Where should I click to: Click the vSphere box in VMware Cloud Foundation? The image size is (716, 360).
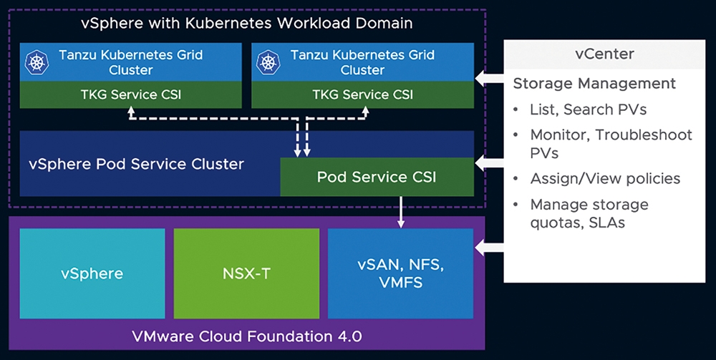tap(92, 273)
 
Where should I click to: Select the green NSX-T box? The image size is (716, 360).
tap(246, 273)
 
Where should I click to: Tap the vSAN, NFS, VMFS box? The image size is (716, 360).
tap(400, 273)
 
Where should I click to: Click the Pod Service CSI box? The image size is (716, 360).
tap(377, 177)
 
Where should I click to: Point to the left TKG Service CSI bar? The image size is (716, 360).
tap(130, 94)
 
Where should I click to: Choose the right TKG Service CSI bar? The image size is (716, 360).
tap(362, 94)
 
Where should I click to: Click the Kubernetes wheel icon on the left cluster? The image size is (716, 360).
tap(37, 62)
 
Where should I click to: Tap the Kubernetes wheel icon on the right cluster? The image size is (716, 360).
tap(268, 62)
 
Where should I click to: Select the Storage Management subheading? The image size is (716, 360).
tap(594, 84)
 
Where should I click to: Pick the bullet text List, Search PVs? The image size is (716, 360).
tap(588, 110)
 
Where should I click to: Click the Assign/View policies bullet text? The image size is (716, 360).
tap(605, 178)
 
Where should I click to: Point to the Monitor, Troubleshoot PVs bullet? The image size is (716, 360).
tap(611, 144)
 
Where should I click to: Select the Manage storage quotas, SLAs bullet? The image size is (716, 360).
tap(589, 213)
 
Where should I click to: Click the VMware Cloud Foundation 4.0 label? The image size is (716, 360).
tap(246, 336)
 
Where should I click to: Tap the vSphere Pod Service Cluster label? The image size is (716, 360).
tap(137, 165)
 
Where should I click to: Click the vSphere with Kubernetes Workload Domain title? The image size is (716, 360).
tap(246, 24)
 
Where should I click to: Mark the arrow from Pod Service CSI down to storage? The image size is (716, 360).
tap(401, 212)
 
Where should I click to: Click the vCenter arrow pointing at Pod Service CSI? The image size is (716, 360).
tap(489, 162)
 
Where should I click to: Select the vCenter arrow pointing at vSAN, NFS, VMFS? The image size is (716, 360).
tap(489, 248)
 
